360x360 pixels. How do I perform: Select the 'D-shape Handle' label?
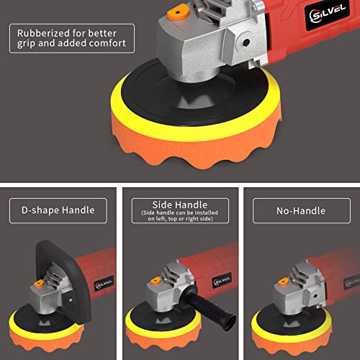53,211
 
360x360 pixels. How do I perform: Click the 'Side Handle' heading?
179,206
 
